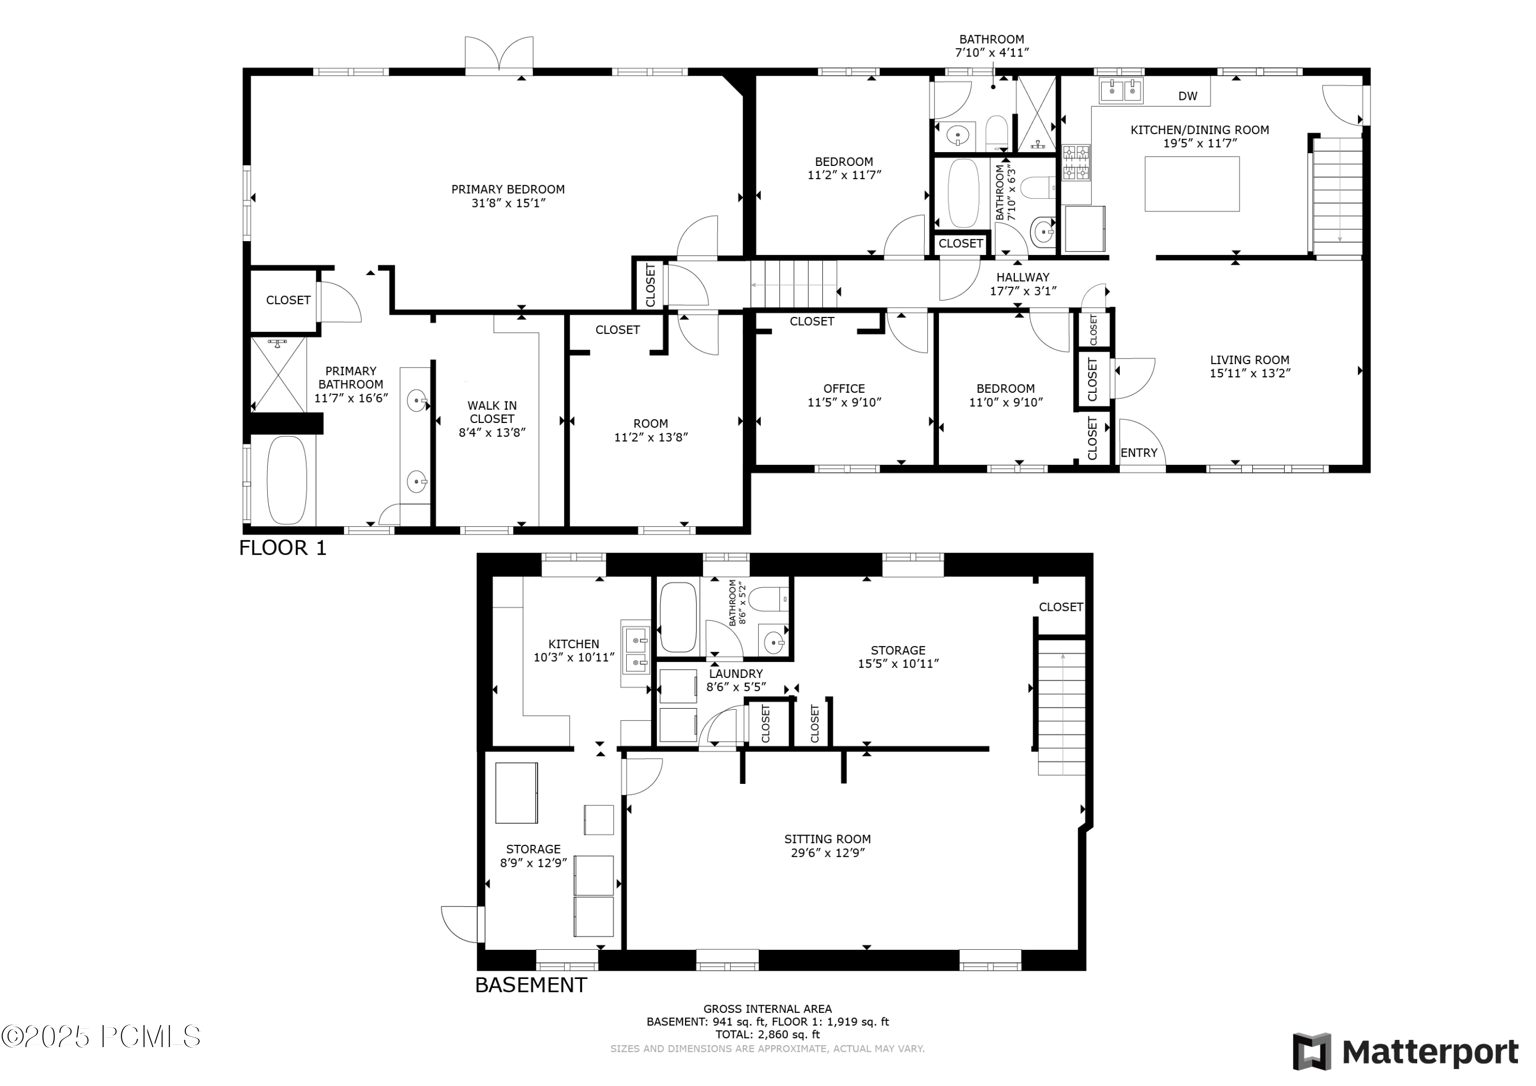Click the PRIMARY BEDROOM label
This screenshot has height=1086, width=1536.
pyautogui.click(x=508, y=189)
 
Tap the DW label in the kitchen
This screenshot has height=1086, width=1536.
pyautogui.click(x=1187, y=96)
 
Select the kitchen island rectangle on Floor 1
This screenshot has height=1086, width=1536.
pyautogui.click(x=1191, y=184)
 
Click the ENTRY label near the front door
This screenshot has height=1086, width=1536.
pyautogui.click(x=1139, y=453)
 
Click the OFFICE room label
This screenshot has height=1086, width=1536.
pyautogui.click(x=844, y=389)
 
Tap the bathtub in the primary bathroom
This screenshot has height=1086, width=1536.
pyautogui.click(x=287, y=480)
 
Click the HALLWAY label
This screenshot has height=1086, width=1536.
pyautogui.click(x=1022, y=277)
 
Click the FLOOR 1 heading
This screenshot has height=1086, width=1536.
pyautogui.click(x=282, y=548)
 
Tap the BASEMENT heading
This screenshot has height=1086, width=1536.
pyautogui.click(x=530, y=985)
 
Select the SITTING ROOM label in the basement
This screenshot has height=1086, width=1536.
pyautogui.click(x=827, y=839)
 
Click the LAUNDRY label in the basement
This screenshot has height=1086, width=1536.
pyautogui.click(x=735, y=674)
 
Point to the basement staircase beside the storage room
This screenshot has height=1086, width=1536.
pyautogui.click(x=1061, y=706)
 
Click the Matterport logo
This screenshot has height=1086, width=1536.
pyautogui.click(x=1405, y=1052)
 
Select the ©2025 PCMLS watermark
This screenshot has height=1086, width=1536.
pyautogui.click(x=100, y=1036)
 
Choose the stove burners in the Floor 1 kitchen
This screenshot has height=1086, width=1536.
pyautogui.click(x=1076, y=163)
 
